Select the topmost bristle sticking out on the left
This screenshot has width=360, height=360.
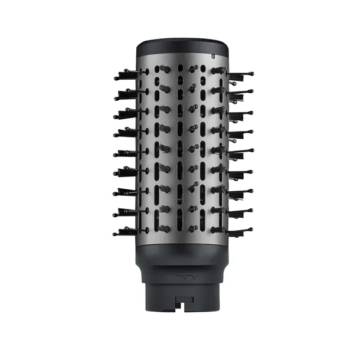point(127,74)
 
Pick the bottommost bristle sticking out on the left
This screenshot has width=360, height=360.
point(127,231)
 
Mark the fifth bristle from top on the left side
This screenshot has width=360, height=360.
point(127,153)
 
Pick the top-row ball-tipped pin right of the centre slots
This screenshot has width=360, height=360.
point(193,70)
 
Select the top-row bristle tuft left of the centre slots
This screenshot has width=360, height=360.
point(165,70)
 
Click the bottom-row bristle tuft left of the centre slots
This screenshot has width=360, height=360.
point(165,228)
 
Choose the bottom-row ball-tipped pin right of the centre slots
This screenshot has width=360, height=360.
point(193,228)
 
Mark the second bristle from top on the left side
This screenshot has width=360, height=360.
point(127,93)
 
